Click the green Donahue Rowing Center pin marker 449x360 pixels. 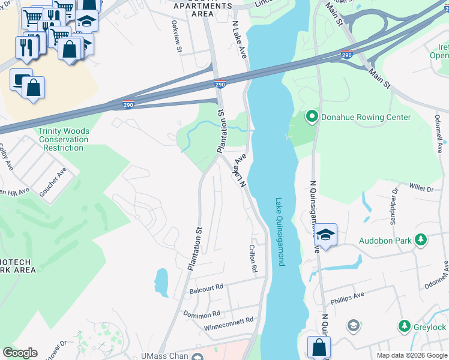pyautogui.click(x=312, y=117)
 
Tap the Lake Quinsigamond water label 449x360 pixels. pyautogui.click(x=279, y=232)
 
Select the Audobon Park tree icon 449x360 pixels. pyautogui.click(x=421, y=241)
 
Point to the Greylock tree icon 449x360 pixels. pyautogui.click(x=405, y=327)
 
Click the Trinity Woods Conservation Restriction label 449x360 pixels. pyautogui.click(x=64, y=139)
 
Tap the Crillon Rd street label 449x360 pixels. pyautogui.click(x=253, y=259)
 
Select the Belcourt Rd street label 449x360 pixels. pyautogui.click(x=206, y=288)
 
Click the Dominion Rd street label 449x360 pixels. pyautogui.click(x=202, y=315)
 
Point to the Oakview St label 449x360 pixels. pyautogui.click(x=176, y=38)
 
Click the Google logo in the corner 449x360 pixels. pyautogui.click(x=20, y=353)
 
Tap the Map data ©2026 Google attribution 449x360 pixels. pyautogui.click(x=411, y=355)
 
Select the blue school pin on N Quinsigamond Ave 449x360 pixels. pyautogui.click(x=325, y=235)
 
